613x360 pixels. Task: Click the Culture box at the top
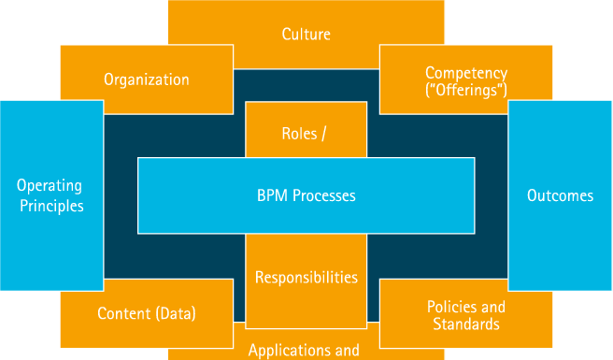pos(306,35)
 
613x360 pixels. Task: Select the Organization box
pos(146,79)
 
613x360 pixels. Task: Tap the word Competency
pos(465,72)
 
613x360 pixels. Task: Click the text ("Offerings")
pos(465,90)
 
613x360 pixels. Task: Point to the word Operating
pos(50,186)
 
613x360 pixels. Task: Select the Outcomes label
pos(560,195)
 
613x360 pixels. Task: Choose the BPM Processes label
pos(306,196)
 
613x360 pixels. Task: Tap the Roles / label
pos(304,134)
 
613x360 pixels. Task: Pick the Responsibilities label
pos(306,278)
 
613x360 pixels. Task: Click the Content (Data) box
pos(147,313)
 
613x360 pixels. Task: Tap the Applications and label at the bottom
pos(304,351)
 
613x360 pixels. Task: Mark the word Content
pos(123,313)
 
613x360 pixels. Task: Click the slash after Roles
pos(324,134)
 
